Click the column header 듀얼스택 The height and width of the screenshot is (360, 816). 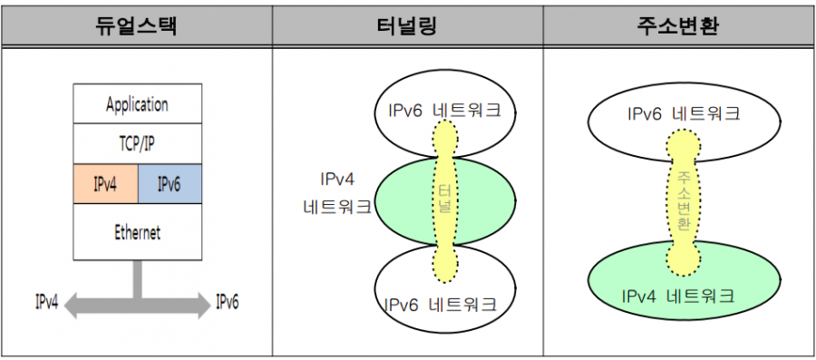tap(136, 26)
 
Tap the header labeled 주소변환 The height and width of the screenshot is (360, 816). tap(677, 26)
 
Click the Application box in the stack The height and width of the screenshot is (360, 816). tap(138, 103)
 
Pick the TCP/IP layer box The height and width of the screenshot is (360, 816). tap(138, 143)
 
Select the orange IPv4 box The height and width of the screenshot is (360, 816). tap(106, 184)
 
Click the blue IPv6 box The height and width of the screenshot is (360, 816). tap(170, 184)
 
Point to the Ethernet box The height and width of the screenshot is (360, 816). tap(138, 232)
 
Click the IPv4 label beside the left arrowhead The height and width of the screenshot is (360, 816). tap(47, 302)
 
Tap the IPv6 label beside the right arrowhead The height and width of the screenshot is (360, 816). tap(227, 302)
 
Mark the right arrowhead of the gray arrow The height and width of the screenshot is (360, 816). tap(201, 306)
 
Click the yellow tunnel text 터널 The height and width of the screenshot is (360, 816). tap(444, 199)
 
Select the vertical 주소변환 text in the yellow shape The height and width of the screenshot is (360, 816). tap(685, 199)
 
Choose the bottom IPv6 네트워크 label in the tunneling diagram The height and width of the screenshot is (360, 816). tap(441, 304)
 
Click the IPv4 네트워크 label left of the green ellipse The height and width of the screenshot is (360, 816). tap(337, 193)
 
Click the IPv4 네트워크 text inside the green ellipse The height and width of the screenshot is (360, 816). tap(678, 297)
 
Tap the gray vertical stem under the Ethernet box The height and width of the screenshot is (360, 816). tap(138, 279)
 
